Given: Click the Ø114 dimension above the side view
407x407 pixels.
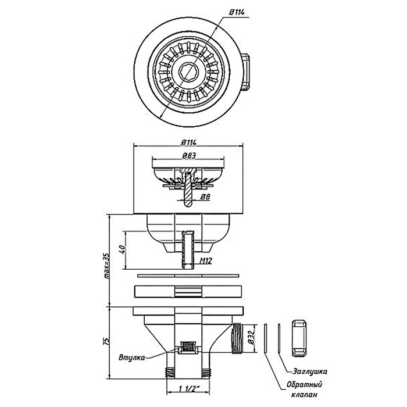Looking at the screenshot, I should (189, 141).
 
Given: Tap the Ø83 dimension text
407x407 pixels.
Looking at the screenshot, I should (188, 156).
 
